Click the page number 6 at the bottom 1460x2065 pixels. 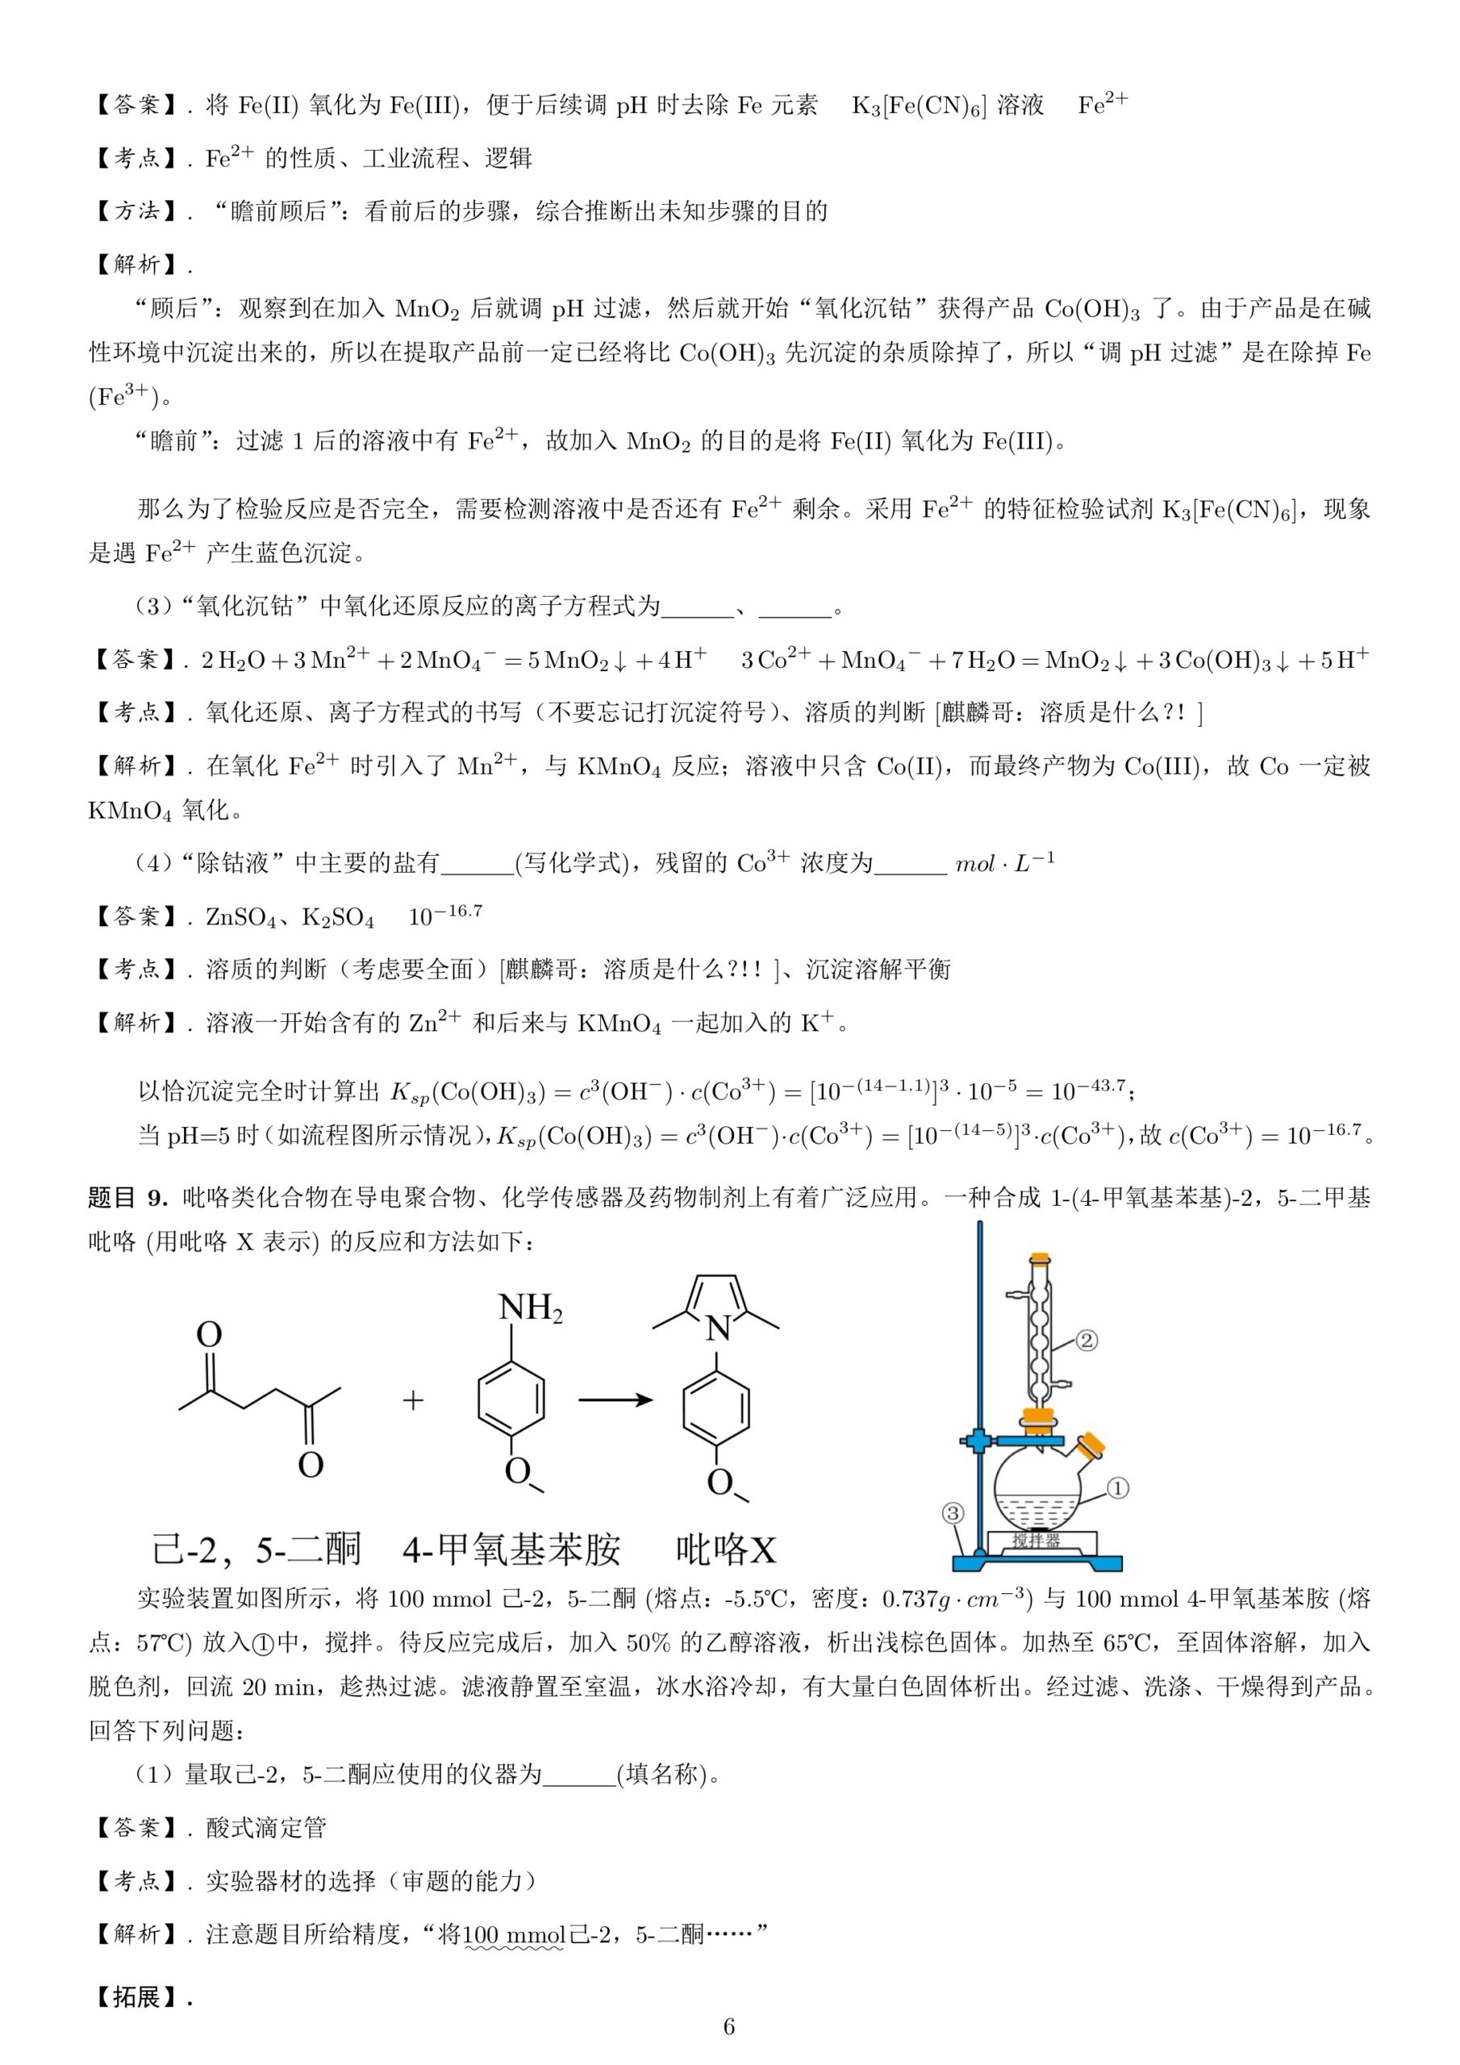pyautogui.click(x=728, y=2025)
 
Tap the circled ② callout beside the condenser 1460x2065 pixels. pyautogui.click(x=1087, y=1341)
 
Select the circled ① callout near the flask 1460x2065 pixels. pyautogui.click(x=1116, y=1488)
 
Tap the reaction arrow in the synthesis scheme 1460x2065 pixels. pyautogui.click(x=615, y=1400)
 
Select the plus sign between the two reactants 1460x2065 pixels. pyautogui.click(x=413, y=1400)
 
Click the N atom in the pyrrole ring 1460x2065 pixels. pyautogui.click(x=718, y=1329)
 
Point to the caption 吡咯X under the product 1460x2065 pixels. pyautogui.click(x=725, y=1550)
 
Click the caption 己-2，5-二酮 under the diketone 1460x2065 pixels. pyautogui.click(x=257, y=1550)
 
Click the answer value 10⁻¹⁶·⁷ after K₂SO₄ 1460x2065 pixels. pyautogui.click(x=445, y=916)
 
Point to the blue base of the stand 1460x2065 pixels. pyautogui.click(x=1035, y=1562)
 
